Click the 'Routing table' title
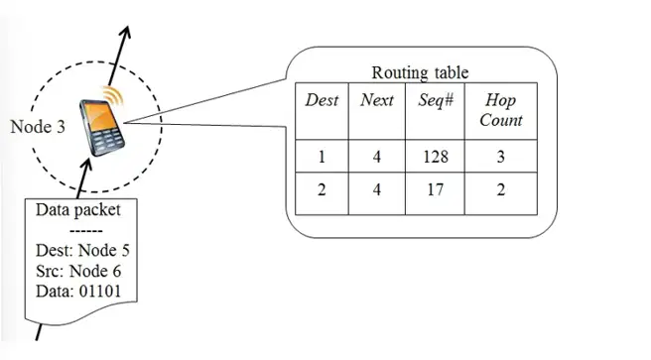[x=420, y=72]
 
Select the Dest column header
[x=322, y=100]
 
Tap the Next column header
[x=376, y=100]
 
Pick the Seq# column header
[x=436, y=100]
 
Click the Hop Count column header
[x=501, y=110]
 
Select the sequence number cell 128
[x=436, y=157]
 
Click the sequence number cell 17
[x=435, y=190]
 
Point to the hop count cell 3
[x=501, y=157]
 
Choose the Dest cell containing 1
[x=322, y=157]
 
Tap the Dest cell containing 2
[x=322, y=190]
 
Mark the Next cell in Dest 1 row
[x=376, y=157]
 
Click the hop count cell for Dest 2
[x=501, y=190]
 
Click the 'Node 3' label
[x=38, y=127]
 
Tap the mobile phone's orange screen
[x=99, y=117]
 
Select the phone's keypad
[x=107, y=140]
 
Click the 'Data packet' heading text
[x=78, y=210]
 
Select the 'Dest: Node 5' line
[x=82, y=251]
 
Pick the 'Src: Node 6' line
[x=78, y=272]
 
